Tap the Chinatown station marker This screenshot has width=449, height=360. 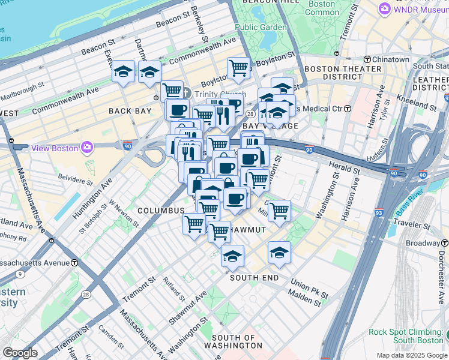[x=367, y=59]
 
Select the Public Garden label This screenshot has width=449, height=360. [x=261, y=27]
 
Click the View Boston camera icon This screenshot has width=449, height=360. [x=88, y=148]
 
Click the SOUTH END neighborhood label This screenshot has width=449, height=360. [x=254, y=278]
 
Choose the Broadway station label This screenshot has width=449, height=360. [x=423, y=243]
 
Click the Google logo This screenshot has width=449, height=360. [x=20, y=353]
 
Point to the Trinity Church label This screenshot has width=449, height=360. [x=211, y=94]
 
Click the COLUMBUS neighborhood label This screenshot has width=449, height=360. [x=161, y=211]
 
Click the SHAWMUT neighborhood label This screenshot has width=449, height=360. [x=248, y=230]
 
